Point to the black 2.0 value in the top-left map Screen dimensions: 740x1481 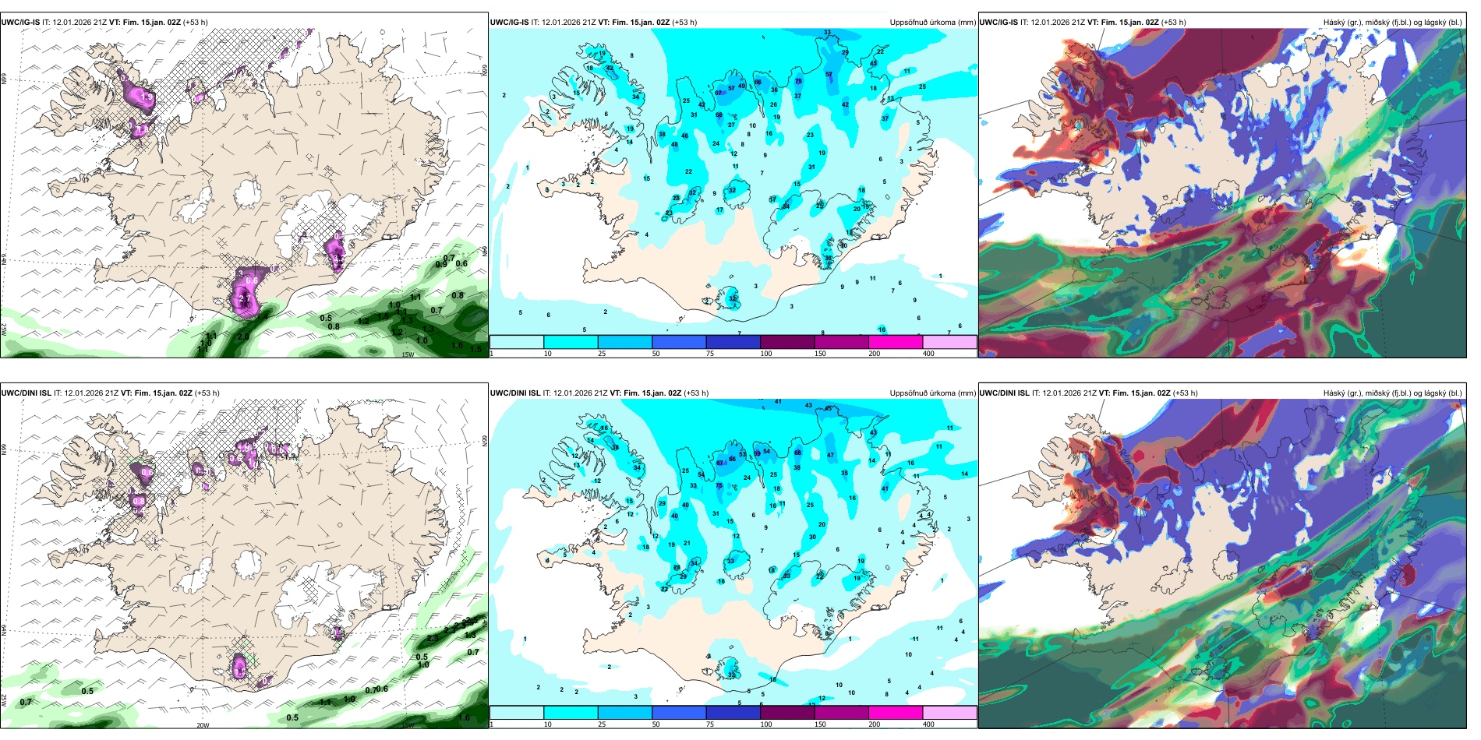[243, 337]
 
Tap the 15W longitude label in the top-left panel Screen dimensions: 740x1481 [407, 354]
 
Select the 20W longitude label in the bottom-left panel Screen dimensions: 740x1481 [203, 725]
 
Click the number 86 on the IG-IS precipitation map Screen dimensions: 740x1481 [757, 82]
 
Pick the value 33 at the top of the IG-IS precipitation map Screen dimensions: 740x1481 [827, 33]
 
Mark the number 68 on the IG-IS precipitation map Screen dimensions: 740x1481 [719, 115]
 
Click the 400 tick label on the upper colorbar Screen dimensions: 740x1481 [928, 354]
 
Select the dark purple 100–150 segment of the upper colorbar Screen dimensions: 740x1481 [787, 342]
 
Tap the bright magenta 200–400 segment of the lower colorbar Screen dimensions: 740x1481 [896, 713]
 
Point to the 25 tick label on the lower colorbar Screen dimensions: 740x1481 [602, 724]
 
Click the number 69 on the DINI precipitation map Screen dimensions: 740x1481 [757, 453]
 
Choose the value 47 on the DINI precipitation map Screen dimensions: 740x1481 [830, 455]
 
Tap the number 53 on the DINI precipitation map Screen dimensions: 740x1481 [742, 454]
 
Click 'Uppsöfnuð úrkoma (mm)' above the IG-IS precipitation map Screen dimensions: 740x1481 [932, 23]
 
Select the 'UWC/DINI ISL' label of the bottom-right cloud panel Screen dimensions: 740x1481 [1004, 393]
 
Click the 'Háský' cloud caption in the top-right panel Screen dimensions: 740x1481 [1336, 23]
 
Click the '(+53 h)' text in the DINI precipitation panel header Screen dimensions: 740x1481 [695, 393]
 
